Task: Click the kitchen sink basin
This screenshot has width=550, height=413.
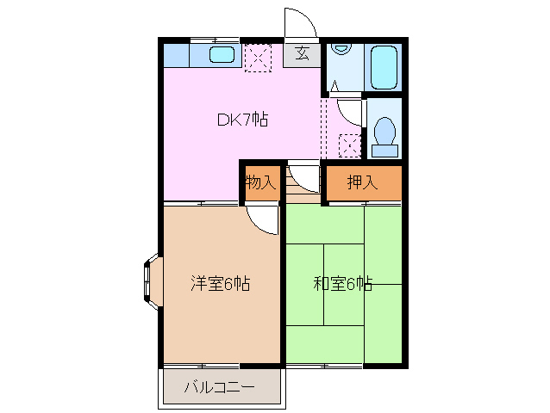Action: (222, 56)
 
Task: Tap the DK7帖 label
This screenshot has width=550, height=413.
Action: (241, 120)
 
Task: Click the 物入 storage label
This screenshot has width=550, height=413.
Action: (260, 182)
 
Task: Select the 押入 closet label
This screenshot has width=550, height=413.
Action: (362, 182)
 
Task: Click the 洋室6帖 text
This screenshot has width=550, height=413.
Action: (220, 283)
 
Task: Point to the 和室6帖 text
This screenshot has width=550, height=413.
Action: (342, 283)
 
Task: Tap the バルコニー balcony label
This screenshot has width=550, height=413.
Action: (219, 387)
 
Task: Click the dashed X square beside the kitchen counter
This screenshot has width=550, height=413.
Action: (257, 59)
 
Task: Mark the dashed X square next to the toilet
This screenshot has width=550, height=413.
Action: (349, 145)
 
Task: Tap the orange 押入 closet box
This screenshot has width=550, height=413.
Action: (363, 182)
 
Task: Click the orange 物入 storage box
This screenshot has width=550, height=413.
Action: (261, 182)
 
